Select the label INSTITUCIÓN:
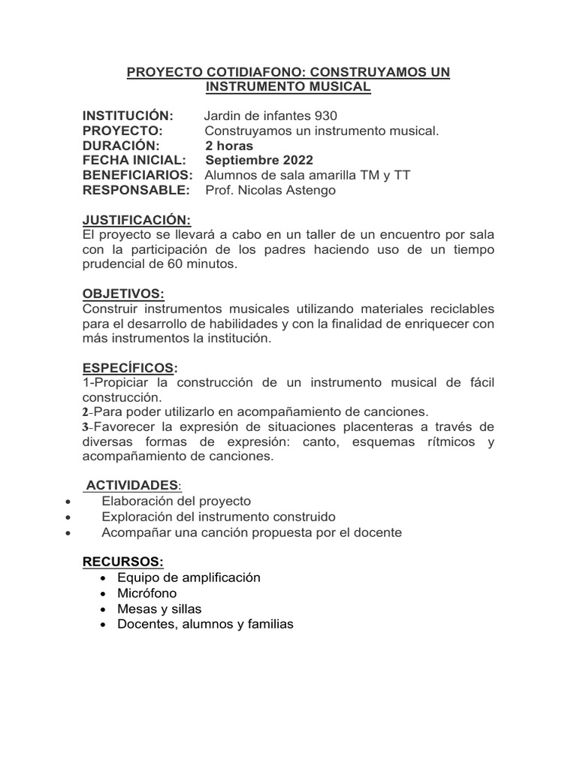(x=128, y=116)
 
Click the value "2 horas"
(x=229, y=146)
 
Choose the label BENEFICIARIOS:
(x=137, y=176)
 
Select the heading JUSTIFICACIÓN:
(x=137, y=220)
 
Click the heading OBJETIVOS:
(x=122, y=294)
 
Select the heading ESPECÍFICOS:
(x=130, y=368)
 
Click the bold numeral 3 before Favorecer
(x=86, y=427)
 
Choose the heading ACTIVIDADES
(x=132, y=486)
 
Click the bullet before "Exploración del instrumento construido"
(x=69, y=517)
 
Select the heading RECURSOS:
(x=122, y=562)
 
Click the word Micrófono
(x=147, y=593)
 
